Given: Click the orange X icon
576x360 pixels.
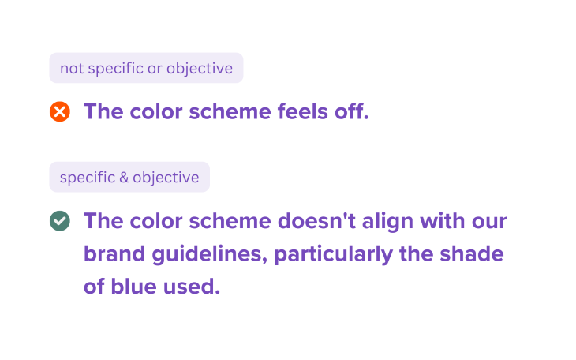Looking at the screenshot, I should coord(60,111).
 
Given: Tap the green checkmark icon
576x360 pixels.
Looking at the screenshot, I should coord(60,221).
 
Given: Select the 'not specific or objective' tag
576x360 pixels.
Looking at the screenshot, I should coord(146,68).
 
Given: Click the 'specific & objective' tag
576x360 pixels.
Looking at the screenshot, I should coord(129,177).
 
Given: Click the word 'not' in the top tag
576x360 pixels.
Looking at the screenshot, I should coord(72,68).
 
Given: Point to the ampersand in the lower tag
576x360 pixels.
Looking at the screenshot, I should coord(124,177).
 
